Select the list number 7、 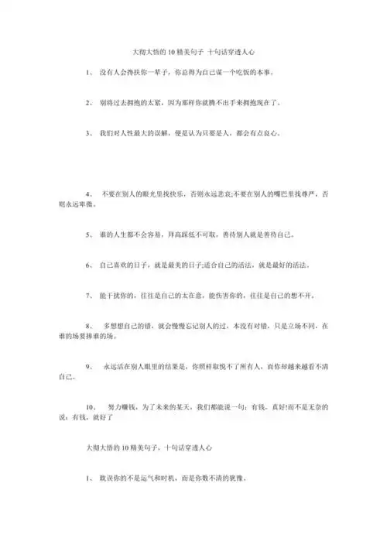point(90,296)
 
